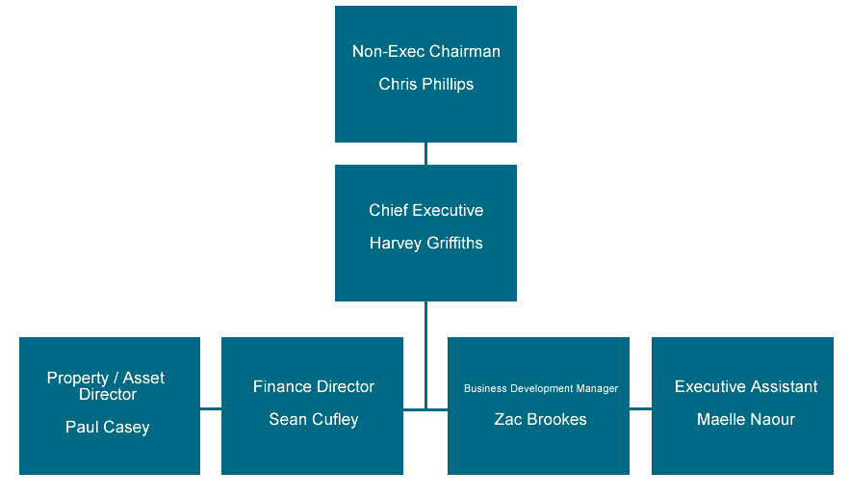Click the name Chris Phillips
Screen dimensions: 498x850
[425, 85]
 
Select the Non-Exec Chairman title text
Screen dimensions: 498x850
[425, 52]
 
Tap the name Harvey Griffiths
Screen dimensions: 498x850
[425, 244]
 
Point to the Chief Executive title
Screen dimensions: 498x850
[425, 211]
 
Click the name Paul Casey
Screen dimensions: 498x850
[108, 427]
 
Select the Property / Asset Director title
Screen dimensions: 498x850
[107, 386]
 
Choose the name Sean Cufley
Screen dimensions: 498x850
[313, 420]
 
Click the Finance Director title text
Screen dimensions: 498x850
[313, 387]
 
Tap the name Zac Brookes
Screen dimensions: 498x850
[540, 420]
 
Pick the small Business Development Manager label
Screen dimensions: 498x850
[540, 389]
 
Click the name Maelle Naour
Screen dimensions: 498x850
[745, 420]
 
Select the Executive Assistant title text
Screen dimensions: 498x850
[745, 387]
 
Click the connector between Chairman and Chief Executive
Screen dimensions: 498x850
[425, 153]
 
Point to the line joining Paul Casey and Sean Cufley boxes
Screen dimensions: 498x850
[210, 408]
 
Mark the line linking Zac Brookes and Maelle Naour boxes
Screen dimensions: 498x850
[640, 408]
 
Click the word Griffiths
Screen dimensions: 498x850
[451, 244]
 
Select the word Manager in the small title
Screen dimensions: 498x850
[597, 389]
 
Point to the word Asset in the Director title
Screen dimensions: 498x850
[143, 379]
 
